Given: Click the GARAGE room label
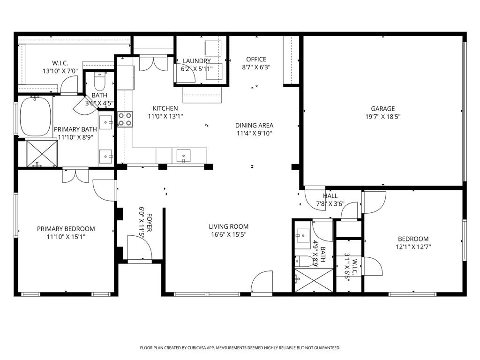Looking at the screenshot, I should point(382,109).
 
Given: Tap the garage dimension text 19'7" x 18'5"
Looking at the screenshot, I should point(382,117).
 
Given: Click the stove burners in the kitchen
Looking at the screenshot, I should point(125,119).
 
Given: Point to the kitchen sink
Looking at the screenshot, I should point(183,155).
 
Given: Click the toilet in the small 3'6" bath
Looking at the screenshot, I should point(99,82).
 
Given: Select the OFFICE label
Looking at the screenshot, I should point(256,60).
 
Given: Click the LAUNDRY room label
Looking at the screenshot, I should point(196,61).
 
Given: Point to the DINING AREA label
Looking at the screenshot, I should point(254,125).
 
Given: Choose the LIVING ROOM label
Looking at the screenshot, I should point(229,227).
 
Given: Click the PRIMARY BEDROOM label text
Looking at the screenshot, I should point(66,229).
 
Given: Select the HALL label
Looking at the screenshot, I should point(330,196).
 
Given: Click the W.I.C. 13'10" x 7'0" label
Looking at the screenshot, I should point(60,67).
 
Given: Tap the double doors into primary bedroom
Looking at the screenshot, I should point(75,176).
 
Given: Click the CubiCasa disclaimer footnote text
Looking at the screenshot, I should point(240,348).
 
